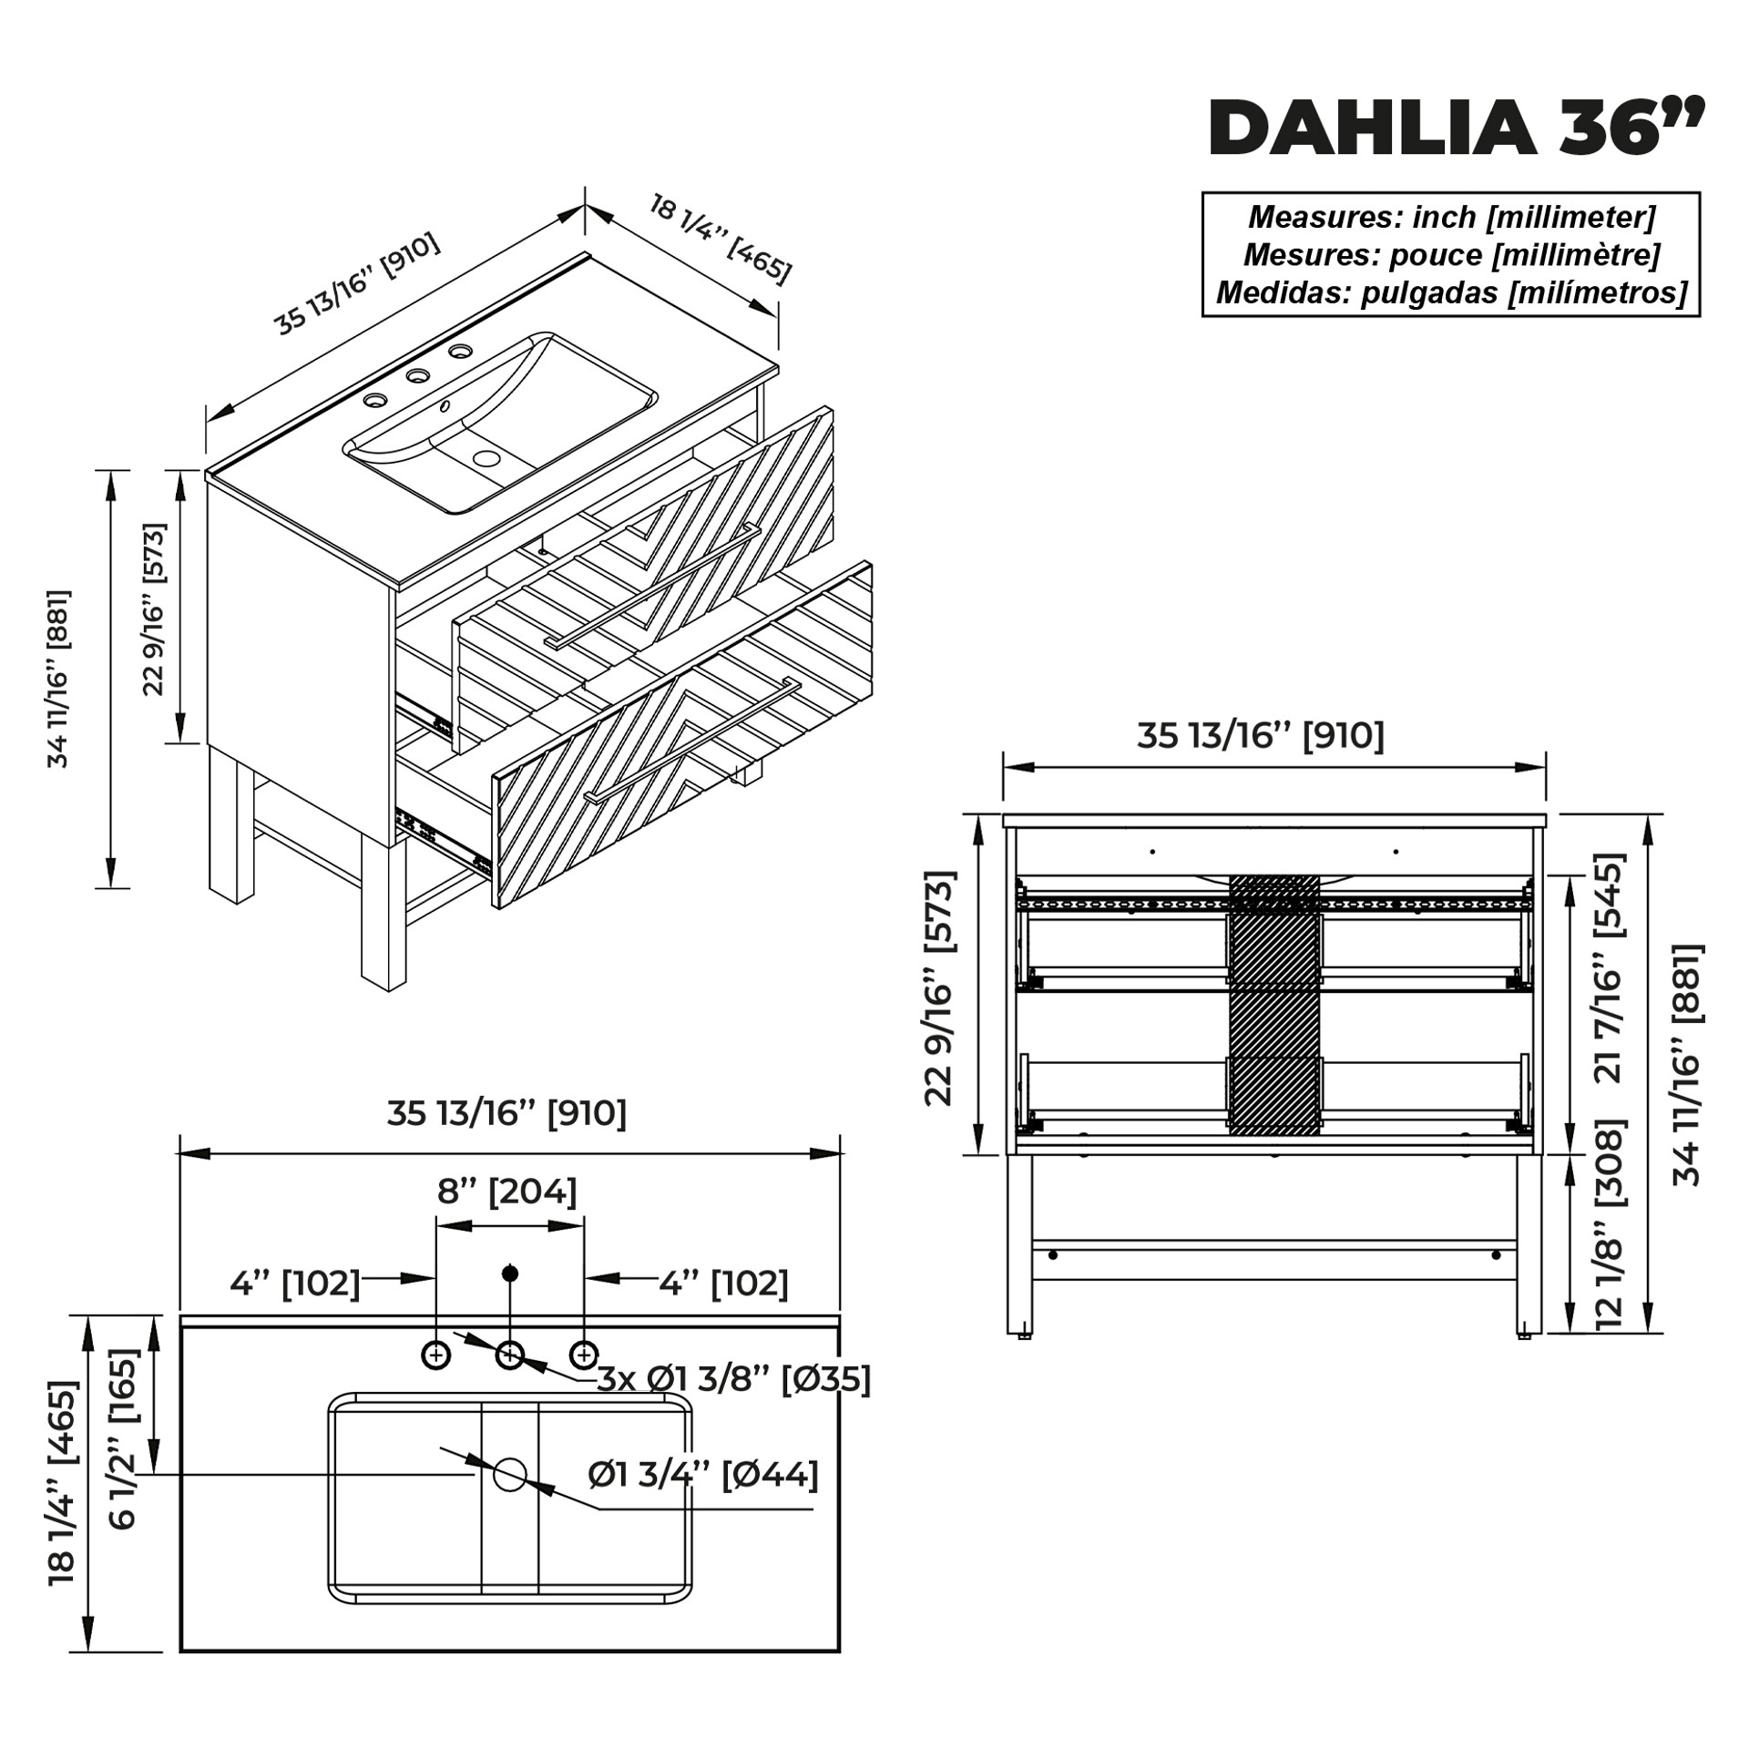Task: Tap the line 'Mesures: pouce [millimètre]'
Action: tap(1452, 255)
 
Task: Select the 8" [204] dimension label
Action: tap(507, 1192)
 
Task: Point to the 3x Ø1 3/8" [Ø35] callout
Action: tap(734, 1379)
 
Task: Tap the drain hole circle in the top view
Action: tap(510, 1475)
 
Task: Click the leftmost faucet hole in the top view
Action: tap(436, 1355)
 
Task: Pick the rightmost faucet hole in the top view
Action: tap(584, 1355)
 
